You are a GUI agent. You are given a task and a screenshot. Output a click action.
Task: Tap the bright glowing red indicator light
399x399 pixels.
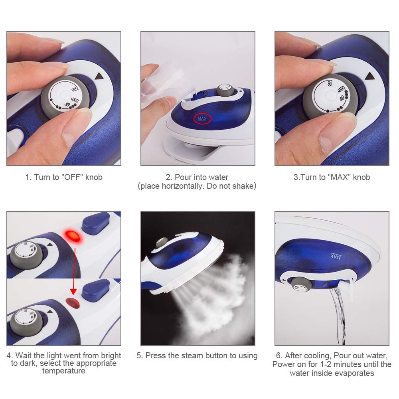pyautogui.click(x=73, y=236)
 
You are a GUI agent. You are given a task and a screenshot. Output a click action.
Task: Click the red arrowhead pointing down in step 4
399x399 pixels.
pyautogui.click(x=73, y=292)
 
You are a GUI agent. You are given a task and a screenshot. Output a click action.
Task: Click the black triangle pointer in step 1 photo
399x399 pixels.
pyautogui.click(x=99, y=76)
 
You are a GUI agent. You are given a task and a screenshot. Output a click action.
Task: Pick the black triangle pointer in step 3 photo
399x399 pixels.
pyautogui.click(x=370, y=76)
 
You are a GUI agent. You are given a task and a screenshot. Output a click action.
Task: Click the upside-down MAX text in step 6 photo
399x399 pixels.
pyautogui.click(x=336, y=256)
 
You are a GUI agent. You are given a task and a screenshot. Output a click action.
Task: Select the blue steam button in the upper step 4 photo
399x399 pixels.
pyautogui.click(x=96, y=223)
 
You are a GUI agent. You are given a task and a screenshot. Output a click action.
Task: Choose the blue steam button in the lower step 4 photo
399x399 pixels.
pyautogui.click(x=96, y=290)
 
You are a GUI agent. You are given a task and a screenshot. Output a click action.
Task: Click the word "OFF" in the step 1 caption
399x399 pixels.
pyautogui.click(x=73, y=177)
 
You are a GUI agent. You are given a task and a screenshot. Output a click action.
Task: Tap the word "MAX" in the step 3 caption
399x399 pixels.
pyautogui.click(x=339, y=177)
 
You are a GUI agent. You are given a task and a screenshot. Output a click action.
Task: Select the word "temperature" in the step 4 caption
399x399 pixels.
pyautogui.click(x=63, y=371)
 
